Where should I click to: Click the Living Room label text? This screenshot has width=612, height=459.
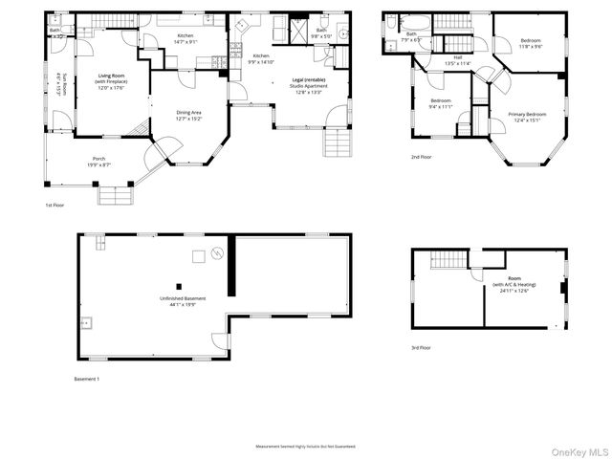112,77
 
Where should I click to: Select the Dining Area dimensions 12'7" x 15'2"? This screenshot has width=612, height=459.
188,119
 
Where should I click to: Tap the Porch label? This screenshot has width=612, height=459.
98,159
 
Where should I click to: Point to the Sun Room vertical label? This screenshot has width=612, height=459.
59,86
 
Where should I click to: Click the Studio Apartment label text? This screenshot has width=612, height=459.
308,85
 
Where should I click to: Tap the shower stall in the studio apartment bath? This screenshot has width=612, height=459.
298,29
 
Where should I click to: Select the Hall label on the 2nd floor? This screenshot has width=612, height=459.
457,61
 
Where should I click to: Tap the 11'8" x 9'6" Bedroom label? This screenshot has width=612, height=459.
531,43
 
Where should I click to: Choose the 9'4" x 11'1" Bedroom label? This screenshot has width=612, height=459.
441,103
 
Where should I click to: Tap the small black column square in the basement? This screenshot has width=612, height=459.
178,285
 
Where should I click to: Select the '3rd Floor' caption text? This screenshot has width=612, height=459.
421,347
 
